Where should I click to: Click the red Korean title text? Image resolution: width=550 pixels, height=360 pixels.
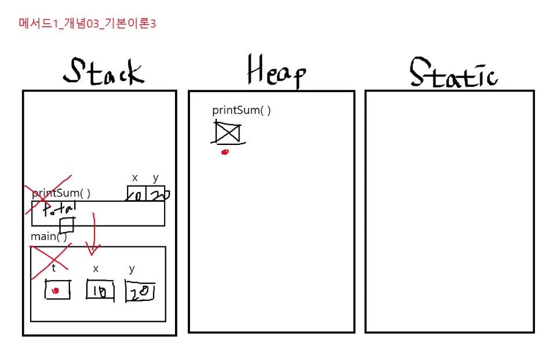[x=88, y=24]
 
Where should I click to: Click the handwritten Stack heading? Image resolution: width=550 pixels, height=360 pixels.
[x=103, y=72]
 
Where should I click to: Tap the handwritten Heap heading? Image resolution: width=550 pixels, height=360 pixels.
[x=276, y=71]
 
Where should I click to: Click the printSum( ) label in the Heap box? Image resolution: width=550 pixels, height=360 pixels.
[x=241, y=110]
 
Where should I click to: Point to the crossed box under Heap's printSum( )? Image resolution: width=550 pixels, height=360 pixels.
[x=227, y=133]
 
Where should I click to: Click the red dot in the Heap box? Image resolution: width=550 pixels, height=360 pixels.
[x=225, y=152]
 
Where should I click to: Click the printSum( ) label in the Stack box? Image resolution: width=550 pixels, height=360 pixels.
[x=61, y=193]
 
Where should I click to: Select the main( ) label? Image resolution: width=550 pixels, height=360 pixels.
[x=49, y=237]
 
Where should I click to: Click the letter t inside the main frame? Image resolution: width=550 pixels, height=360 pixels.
[x=54, y=268]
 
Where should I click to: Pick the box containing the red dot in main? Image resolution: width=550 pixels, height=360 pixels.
[x=57, y=289]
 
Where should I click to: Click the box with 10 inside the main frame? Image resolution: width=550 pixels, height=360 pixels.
[x=100, y=290]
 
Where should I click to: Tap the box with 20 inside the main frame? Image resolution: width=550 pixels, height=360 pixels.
[x=140, y=292]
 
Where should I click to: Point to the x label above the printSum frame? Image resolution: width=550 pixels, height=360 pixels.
[x=135, y=177]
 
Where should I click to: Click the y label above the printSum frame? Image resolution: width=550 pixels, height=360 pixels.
[x=155, y=177]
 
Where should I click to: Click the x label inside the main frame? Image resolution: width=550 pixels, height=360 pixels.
[x=96, y=268]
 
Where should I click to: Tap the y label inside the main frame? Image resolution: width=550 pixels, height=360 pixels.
[x=132, y=268]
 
